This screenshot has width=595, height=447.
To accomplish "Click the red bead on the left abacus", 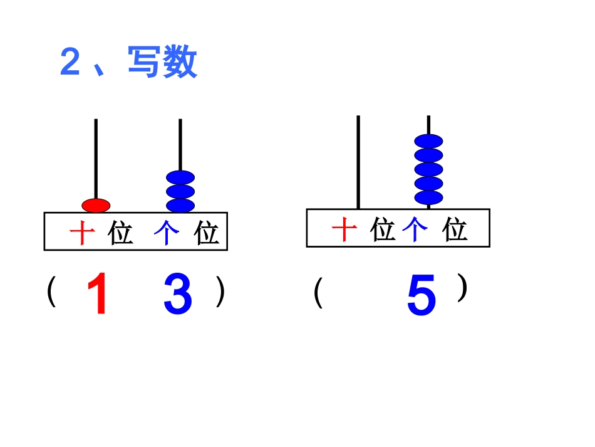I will coord(96,205).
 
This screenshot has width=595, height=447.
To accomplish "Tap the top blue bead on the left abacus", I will coord(180,178).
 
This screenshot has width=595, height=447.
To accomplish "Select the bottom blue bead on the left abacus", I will coord(180,205).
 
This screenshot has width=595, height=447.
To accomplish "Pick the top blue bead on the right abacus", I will coord(428,142).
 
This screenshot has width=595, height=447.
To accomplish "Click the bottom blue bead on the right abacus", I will coord(428,197).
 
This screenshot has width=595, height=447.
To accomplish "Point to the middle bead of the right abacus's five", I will coord(428,169).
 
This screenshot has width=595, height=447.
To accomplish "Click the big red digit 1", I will coord(98,295).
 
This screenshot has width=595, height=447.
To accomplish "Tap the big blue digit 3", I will coord(178,295).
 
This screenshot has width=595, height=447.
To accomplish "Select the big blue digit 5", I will coord(421,297).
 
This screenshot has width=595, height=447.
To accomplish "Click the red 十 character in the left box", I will coord(81,233).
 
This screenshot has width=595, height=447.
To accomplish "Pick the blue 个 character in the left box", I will coord(167,233).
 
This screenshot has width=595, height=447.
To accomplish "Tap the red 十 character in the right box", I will coord(344,229).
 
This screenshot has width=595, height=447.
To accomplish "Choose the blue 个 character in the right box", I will coord(415,229).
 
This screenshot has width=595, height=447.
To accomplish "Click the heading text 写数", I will coord(163,62).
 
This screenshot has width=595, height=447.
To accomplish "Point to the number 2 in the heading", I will coord(70,63).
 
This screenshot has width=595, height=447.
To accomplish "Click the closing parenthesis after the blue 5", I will coord(462,288).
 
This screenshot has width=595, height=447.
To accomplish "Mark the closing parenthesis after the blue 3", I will coord(220,292).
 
